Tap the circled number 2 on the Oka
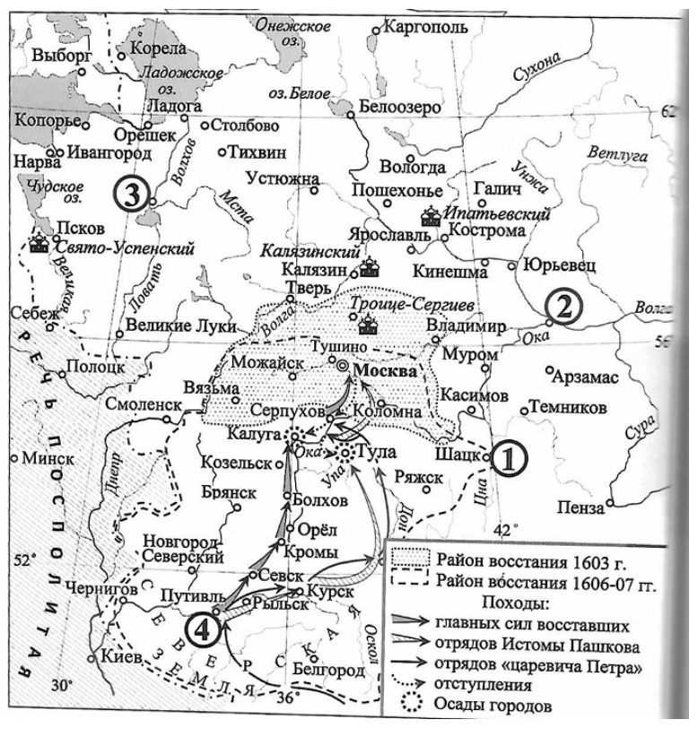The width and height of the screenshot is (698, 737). point(561,308)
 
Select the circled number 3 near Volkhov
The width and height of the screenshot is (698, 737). point(130,196)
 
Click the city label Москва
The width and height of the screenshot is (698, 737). point(387,370)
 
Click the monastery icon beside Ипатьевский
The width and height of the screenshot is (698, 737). point(429,216)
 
